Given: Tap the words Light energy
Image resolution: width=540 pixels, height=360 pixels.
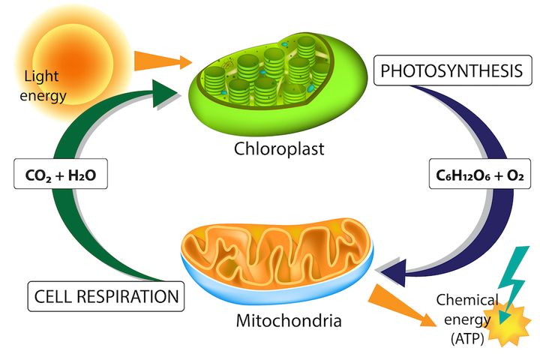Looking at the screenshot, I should pyautogui.click(x=46, y=85).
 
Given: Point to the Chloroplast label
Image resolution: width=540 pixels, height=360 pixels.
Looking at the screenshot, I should pyautogui.click(x=279, y=148).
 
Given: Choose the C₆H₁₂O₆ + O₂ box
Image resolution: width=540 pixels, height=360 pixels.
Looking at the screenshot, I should pyautogui.click(x=477, y=177).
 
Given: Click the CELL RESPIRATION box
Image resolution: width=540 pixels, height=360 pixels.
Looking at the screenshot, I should pyautogui.click(x=106, y=296).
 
